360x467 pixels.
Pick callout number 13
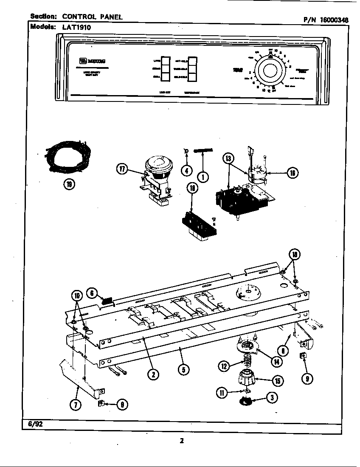pyautogui.click(x=229, y=158)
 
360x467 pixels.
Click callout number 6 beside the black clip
pyautogui.click(x=93, y=293)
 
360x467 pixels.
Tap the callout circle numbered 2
pyautogui.click(x=153, y=374)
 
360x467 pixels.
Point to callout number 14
pyautogui.click(x=276, y=362)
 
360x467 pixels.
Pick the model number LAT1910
pyautogui.click(x=77, y=27)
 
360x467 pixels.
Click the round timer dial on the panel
pyautogui.click(x=270, y=70)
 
